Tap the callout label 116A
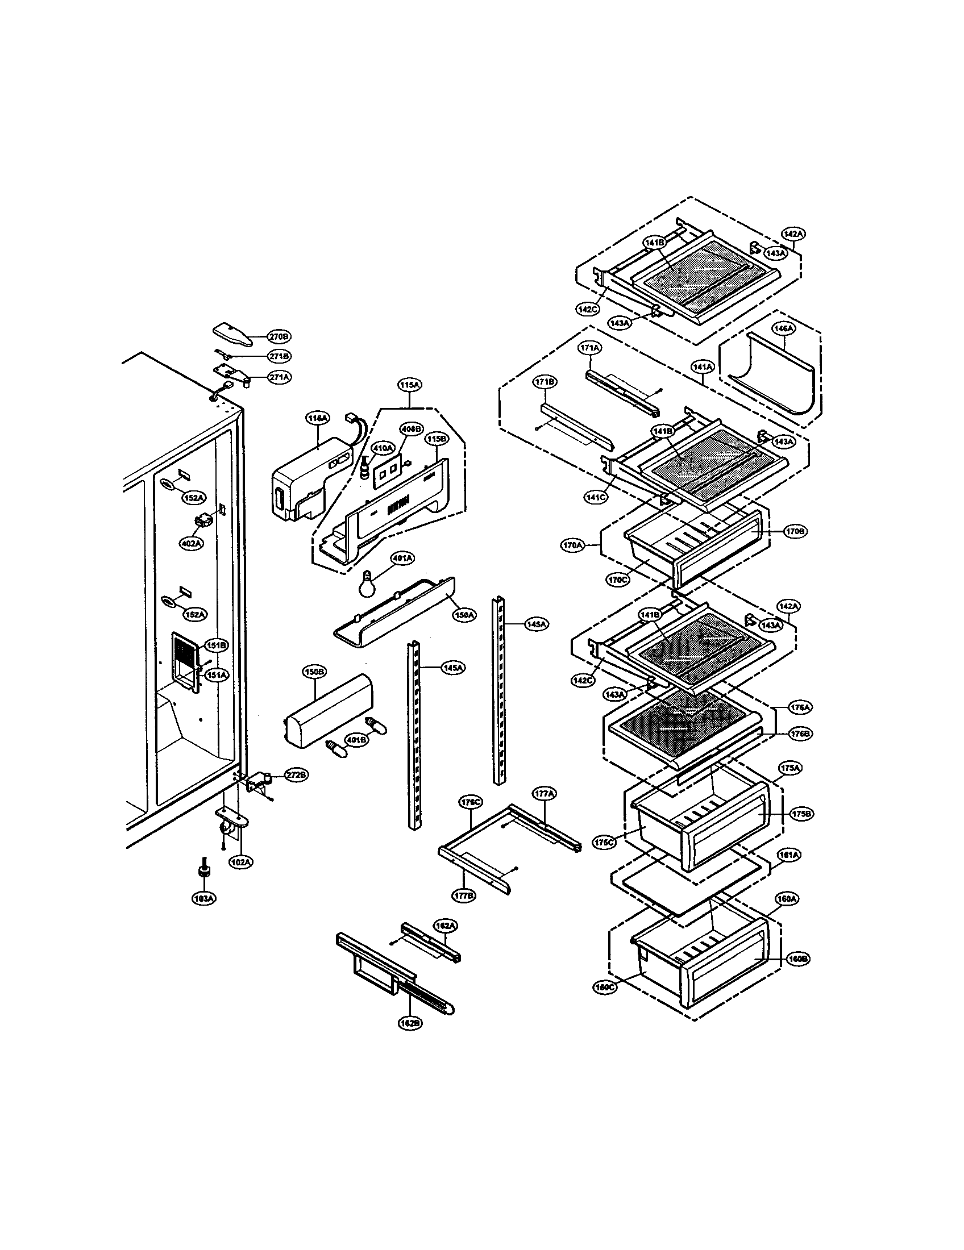318,419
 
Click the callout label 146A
784,328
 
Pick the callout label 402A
192,543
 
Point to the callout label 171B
545,381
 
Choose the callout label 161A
788,871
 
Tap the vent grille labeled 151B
186,653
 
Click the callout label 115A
410,386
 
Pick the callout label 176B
800,733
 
